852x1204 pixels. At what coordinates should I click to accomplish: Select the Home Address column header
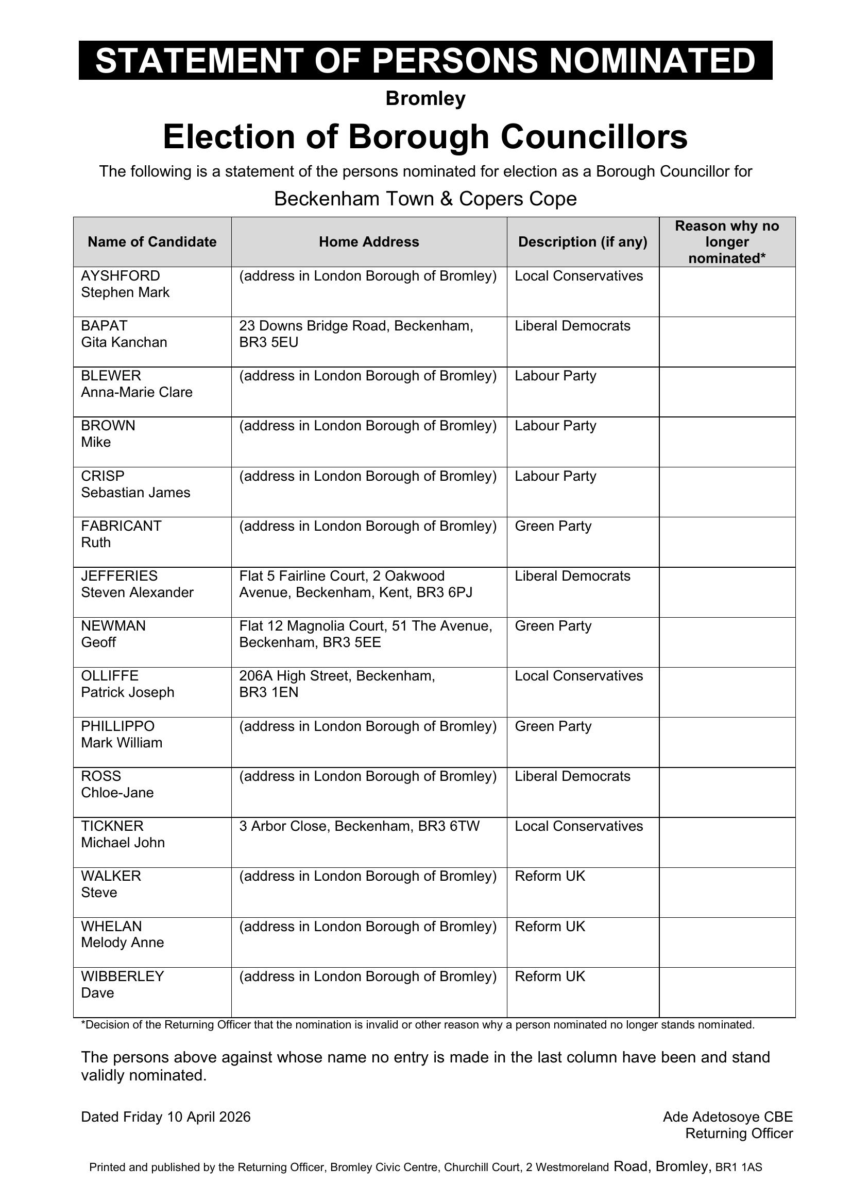click(369, 242)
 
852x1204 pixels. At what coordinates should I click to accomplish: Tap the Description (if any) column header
click(583, 242)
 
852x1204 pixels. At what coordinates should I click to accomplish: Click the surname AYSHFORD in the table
click(120, 276)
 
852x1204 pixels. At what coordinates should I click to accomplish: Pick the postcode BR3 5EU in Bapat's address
click(268, 342)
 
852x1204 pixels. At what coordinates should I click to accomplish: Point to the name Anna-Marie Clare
click(137, 392)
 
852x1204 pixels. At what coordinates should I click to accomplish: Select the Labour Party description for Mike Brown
click(555, 426)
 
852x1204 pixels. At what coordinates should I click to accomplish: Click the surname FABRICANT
click(121, 526)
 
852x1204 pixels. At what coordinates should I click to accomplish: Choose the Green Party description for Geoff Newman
click(553, 626)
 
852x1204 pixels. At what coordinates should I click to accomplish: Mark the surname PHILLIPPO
click(117, 726)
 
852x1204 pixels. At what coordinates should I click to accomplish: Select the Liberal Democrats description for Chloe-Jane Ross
click(572, 776)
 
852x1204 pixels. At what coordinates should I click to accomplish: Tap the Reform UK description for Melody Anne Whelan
click(550, 927)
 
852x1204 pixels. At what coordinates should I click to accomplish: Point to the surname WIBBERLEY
click(122, 976)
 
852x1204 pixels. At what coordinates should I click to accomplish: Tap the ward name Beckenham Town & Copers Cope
click(425, 199)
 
